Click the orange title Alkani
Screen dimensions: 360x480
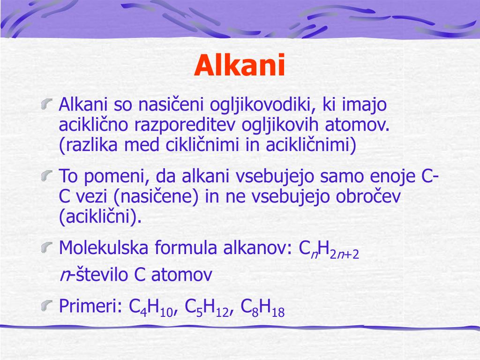click(240, 66)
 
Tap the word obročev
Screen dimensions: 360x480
click(367, 196)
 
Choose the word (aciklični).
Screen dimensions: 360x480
click(100, 217)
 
